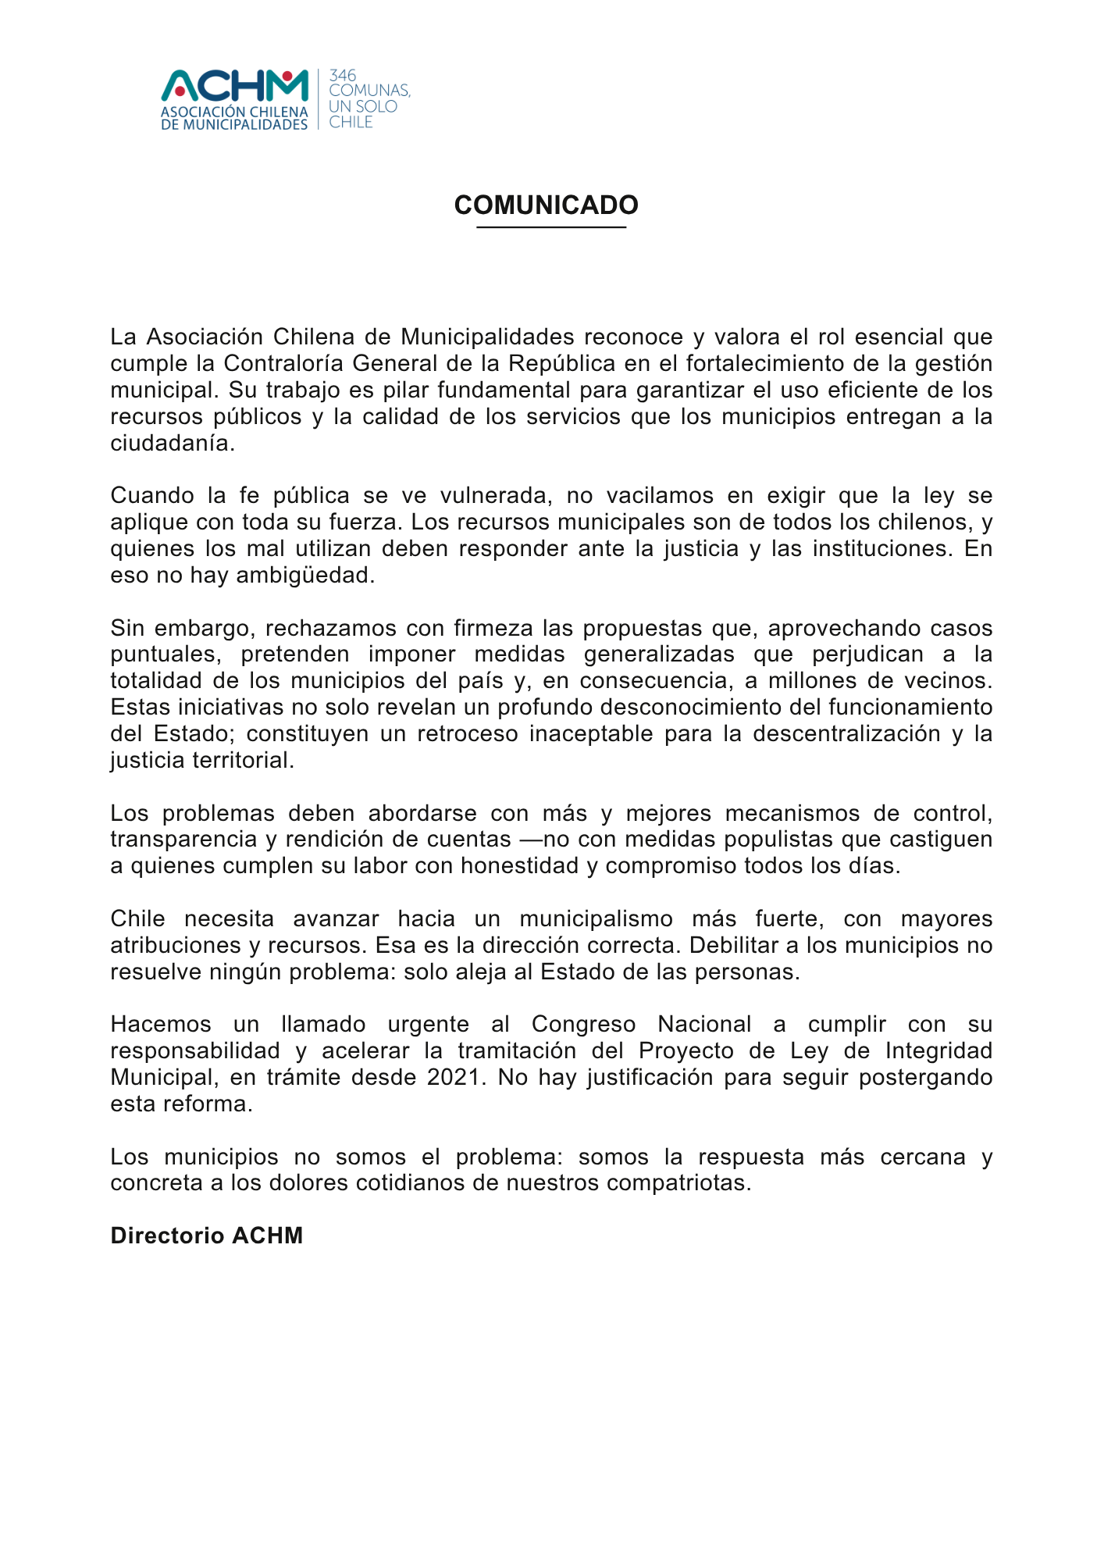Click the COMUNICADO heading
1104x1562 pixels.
coord(547,205)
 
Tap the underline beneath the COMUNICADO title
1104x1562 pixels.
coord(551,227)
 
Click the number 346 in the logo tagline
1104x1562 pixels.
coord(343,76)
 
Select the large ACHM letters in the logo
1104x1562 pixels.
coord(235,87)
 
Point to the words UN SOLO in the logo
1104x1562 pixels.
coord(363,106)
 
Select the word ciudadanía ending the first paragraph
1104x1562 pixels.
coord(172,443)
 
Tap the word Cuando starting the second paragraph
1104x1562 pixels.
coord(151,495)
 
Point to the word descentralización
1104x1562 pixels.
coord(846,733)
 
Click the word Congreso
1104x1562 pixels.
coord(583,1024)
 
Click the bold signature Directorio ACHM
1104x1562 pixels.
coord(207,1236)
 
